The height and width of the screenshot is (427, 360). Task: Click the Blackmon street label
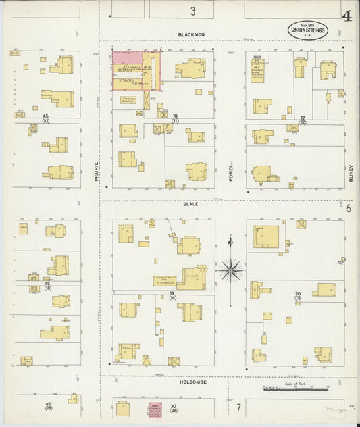click(x=191, y=34)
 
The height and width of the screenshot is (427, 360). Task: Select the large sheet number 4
click(x=346, y=16)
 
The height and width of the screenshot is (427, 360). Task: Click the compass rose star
click(x=231, y=270)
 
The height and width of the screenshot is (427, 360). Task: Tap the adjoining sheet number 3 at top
click(x=192, y=11)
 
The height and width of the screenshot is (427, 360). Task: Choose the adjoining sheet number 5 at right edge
click(x=349, y=209)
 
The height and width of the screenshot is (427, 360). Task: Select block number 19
click(x=173, y=293)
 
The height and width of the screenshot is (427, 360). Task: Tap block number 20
click(x=298, y=293)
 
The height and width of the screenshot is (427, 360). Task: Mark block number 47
click(x=48, y=405)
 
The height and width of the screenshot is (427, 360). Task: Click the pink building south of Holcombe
click(x=155, y=409)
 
